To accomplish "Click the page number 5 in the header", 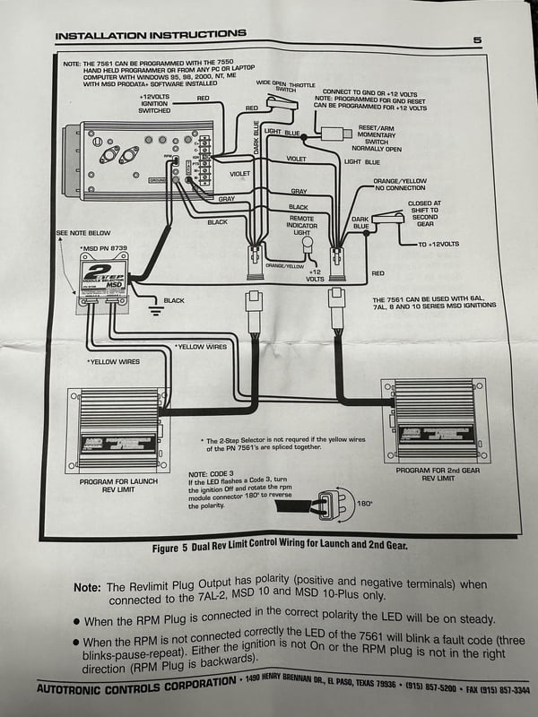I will [477, 39].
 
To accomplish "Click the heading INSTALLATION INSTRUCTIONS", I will [150, 36].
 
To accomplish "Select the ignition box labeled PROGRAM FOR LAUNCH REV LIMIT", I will [119, 428].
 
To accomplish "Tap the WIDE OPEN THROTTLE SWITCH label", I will [286, 86].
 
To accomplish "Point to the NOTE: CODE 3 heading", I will [212, 474].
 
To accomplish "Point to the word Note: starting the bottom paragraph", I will [86, 587].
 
